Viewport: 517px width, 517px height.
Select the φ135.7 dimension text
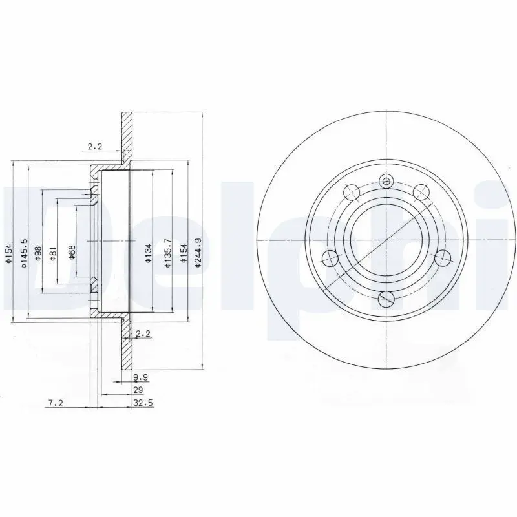click(168, 253)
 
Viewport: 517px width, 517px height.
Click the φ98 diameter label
click(38, 253)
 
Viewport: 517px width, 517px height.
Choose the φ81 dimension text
click(53, 253)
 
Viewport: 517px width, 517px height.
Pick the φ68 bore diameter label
click(71, 253)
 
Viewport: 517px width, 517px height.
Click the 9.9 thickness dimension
click(141, 377)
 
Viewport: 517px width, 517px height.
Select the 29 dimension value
click(138, 390)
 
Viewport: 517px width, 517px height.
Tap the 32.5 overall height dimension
click(143, 403)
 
